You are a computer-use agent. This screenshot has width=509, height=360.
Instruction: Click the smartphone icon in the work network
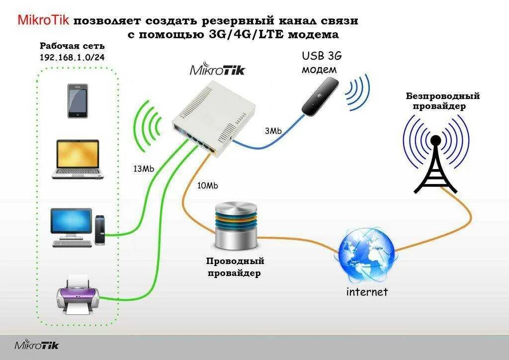pyautogui.click(x=78, y=101)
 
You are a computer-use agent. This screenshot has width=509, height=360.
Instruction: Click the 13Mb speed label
pyautogui.click(x=144, y=169)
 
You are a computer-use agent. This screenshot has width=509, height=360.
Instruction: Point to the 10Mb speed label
pyautogui.click(x=207, y=185)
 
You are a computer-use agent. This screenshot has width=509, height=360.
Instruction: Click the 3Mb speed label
pyautogui.click(x=273, y=131)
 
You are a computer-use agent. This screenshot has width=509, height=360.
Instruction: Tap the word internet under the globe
pyautogui.click(x=367, y=291)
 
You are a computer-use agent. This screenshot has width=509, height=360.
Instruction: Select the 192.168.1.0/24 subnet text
pyautogui.click(x=72, y=57)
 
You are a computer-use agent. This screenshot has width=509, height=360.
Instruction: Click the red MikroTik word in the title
pyautogui.click(x=44, y=20)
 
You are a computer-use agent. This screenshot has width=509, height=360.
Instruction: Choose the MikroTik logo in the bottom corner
pyautogui.click(x=36, y=345)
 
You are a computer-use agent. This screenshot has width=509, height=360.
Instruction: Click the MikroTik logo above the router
pyautogui.click(x=217, y=70)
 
